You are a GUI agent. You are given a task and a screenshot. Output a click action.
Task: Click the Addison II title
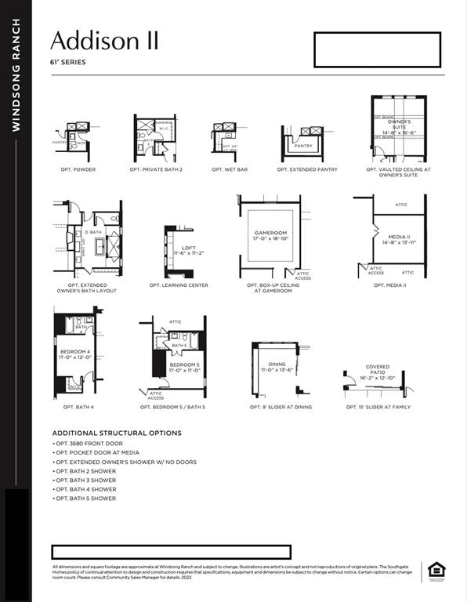(x=104, y=40)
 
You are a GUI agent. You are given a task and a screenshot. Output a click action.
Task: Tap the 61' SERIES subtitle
(x=68, y=63)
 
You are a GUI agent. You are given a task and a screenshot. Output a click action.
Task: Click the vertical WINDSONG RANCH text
(x=16, y=74)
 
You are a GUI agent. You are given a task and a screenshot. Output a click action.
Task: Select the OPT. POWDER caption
(x=78, y=169)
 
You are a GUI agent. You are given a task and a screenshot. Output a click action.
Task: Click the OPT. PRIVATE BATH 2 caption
(x=156, y=169)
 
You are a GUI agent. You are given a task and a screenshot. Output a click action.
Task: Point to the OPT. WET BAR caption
(x=230, y=169)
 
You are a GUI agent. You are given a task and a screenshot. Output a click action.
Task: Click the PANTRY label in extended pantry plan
(x=302, y=146)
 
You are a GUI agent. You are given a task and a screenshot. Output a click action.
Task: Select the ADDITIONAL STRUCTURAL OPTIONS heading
(x=117, y=433)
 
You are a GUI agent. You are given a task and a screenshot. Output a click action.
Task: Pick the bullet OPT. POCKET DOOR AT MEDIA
(x=97, y=453)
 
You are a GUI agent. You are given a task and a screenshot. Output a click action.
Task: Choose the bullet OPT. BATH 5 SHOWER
(x=85, y=499)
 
